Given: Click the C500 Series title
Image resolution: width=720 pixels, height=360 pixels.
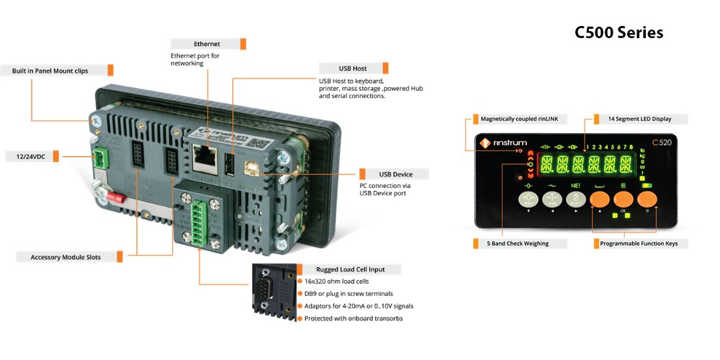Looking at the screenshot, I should [x=618, y=33].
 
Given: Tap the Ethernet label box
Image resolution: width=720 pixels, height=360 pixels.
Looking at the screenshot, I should [x=207, y=44].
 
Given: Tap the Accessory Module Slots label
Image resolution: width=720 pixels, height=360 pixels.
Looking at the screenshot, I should [x=66, y=257].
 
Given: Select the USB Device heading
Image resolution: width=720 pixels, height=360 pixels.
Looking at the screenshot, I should [x=392, y=174].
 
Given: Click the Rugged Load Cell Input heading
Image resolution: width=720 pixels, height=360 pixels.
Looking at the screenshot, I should [x=351, y=269].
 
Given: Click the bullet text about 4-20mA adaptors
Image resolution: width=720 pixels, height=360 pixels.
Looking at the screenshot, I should [x=359, y=306].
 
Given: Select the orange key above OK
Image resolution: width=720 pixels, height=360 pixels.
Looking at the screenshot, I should [x=623, y=200].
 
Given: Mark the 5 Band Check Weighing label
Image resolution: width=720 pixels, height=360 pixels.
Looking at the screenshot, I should [x=518, y=244].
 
